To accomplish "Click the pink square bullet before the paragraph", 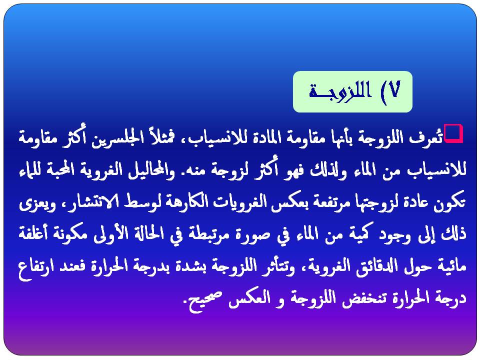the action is click(x=453, y=133).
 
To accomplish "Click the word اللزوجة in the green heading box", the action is click(x=340, y=90).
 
